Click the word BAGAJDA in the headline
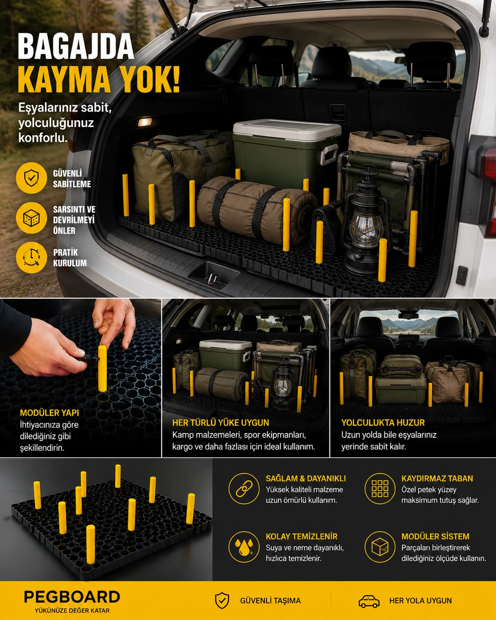[76, 46]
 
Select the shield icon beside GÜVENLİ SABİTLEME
[31, 178]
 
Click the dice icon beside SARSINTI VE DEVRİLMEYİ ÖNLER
[31, 218]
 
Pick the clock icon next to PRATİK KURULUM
[31, 257]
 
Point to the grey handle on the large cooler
[329, 154]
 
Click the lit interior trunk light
[145, 122]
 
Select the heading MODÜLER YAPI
[49, 413]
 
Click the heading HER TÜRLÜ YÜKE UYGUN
[221, 423]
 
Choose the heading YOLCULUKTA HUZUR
[383, 423]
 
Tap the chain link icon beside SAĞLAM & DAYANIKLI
[244, 489]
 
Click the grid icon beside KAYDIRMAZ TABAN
[380, 489]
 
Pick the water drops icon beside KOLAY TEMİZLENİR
[244, 547]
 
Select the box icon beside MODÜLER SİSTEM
[380, 547]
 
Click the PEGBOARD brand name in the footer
[72, 597]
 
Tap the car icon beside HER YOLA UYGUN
[369, 601]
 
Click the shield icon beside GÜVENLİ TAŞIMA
[222, 601]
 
